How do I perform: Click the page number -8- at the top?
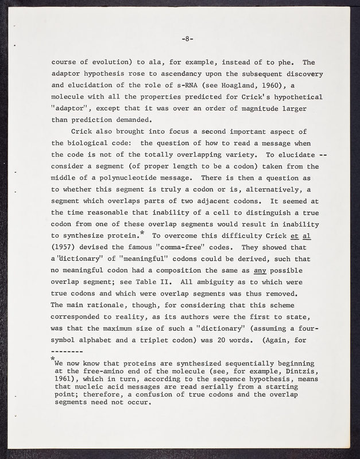pyautogui.click(x=188, y=39)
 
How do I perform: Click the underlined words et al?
pyautogui.click(x=309, y=235)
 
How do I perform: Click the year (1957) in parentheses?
pyautogui.click(x=65, y=247)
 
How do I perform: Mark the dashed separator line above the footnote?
pyautogui.click(x=67, y=351)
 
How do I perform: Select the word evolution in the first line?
pyautogui.click(x=111, y=63)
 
